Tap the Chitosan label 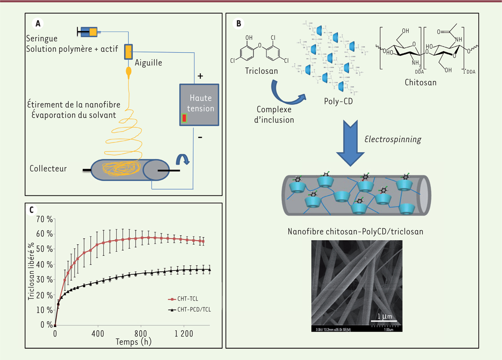click(x=420, y=82)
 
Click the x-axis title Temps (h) click(x=133, y=341)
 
